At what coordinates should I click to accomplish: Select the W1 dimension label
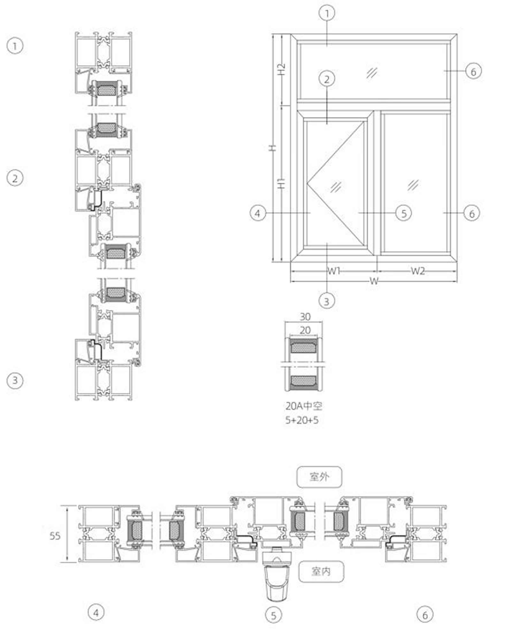coord(334,271)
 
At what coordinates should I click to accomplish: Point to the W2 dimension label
coord(418,271)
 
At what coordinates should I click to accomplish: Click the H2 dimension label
coord(281,69)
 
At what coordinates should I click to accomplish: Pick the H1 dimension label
coord(281,184)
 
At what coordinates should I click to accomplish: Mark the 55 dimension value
coord(55,536)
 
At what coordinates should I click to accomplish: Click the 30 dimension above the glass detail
coord(305,317)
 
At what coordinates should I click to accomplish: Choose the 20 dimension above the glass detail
coord(305,330)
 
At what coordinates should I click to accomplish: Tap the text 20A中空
coord(304,406)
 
